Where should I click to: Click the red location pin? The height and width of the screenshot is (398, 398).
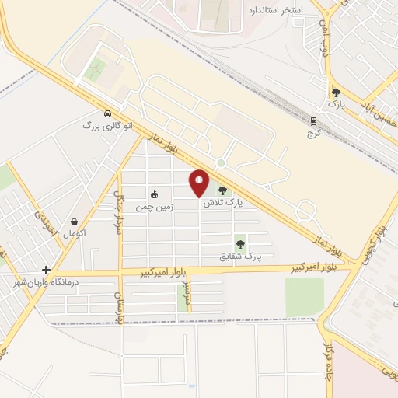[200, 183]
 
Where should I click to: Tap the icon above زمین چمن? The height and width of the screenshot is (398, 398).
[154, 195]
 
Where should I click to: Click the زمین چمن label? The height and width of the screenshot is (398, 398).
[154, 207]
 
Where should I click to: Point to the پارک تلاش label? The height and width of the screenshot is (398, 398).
[223, 203]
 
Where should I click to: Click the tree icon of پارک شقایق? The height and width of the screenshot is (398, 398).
[240, 243]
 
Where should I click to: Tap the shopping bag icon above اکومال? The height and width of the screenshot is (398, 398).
[74, 222]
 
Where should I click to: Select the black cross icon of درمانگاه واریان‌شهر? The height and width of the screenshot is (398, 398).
[47, 270]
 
